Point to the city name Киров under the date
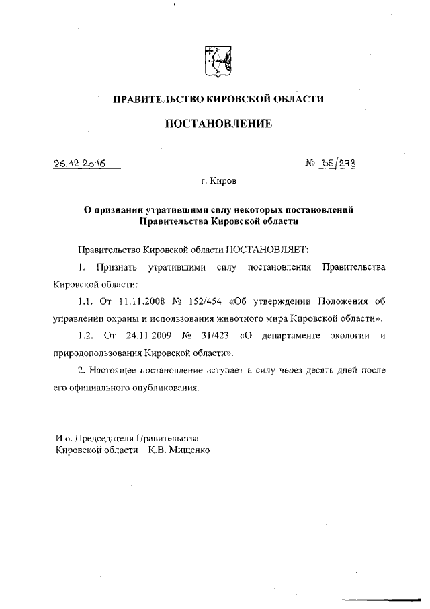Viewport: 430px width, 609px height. [x=223, y=181]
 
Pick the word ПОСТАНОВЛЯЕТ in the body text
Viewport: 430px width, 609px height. [x=267, y=249]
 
